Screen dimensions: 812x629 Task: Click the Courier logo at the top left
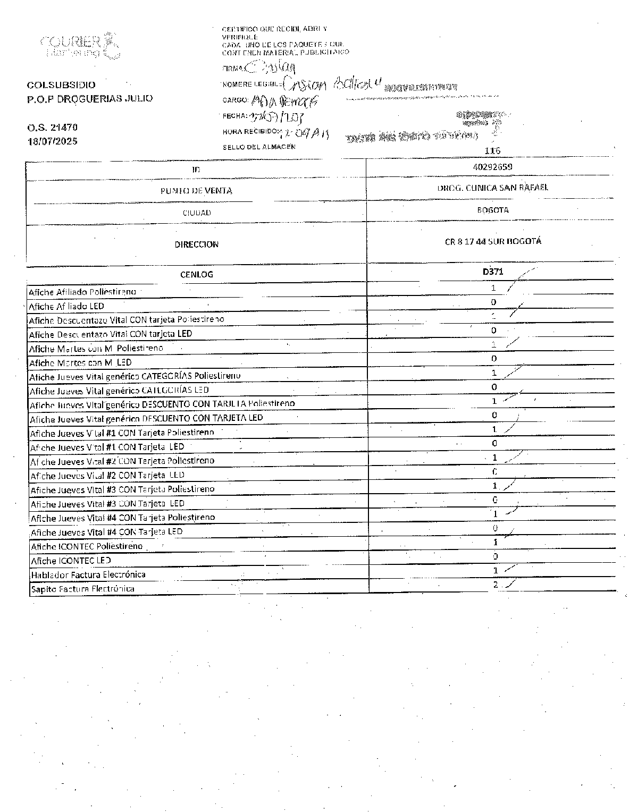click(x=79, y=46)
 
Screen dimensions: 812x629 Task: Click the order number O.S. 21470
click(x=53, y=128)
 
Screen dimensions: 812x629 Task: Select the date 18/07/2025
click(x=53, y=141)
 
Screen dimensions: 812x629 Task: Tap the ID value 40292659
click(x=492, y=167)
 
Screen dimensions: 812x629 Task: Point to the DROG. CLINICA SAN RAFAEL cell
click(x=492, y=188)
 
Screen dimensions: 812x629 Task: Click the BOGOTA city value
click(x=493, y=210)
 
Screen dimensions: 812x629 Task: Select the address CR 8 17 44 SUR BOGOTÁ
click(x=493, y=241)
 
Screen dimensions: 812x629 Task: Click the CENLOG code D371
click(x=493, y=272)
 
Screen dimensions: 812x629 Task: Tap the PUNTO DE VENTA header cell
click(x=196, y=191)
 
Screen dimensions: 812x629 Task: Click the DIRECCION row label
click(x=196, y=244)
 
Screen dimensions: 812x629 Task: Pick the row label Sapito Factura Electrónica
click(x=82, y=589)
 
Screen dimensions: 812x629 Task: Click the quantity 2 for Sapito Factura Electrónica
click(x=495, y=585)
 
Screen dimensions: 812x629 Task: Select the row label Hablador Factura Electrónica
click(x=88, y=574)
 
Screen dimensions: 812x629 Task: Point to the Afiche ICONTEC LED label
click(x=71, y=561)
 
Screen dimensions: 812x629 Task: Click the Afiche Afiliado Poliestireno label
click(x=82, y=292)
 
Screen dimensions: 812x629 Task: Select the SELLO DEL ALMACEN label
click(x=259, y=147)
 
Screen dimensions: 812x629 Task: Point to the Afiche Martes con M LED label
click(x=80, y=363)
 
